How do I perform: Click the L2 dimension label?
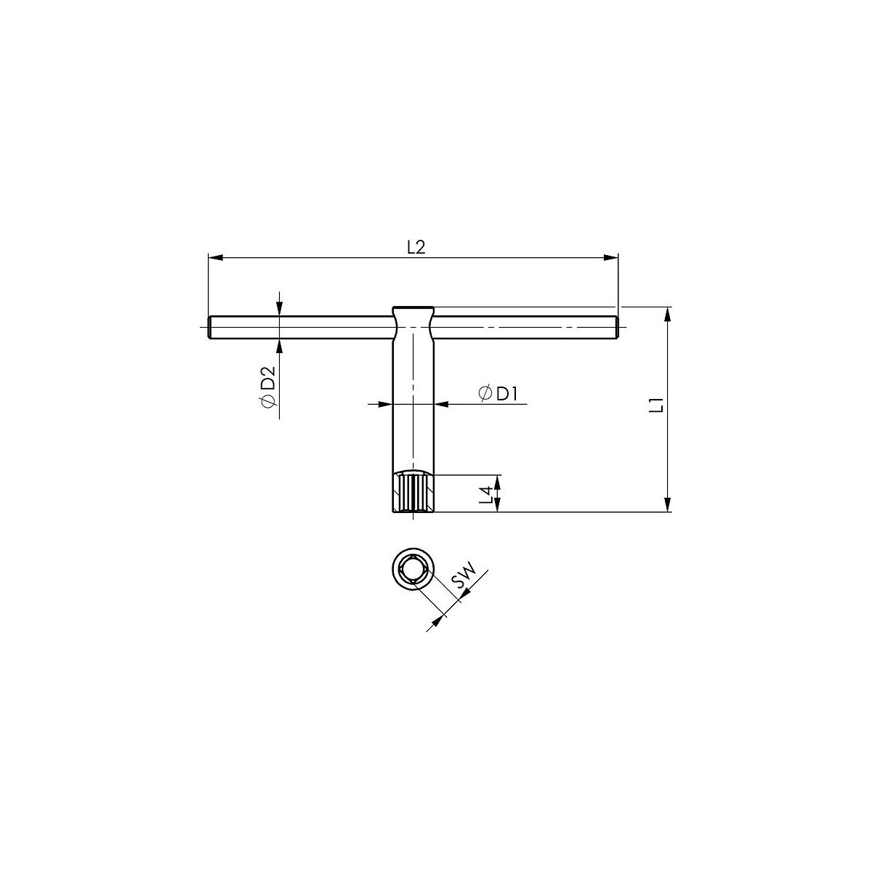click(416, 247)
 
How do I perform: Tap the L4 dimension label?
click(486, 495)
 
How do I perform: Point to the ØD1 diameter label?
click(498, 394)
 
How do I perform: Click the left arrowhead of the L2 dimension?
click(215, 258)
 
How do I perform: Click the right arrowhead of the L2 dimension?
click(611, 258)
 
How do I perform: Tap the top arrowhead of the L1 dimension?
click(667, 315)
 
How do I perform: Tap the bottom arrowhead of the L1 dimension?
click(667, 504)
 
